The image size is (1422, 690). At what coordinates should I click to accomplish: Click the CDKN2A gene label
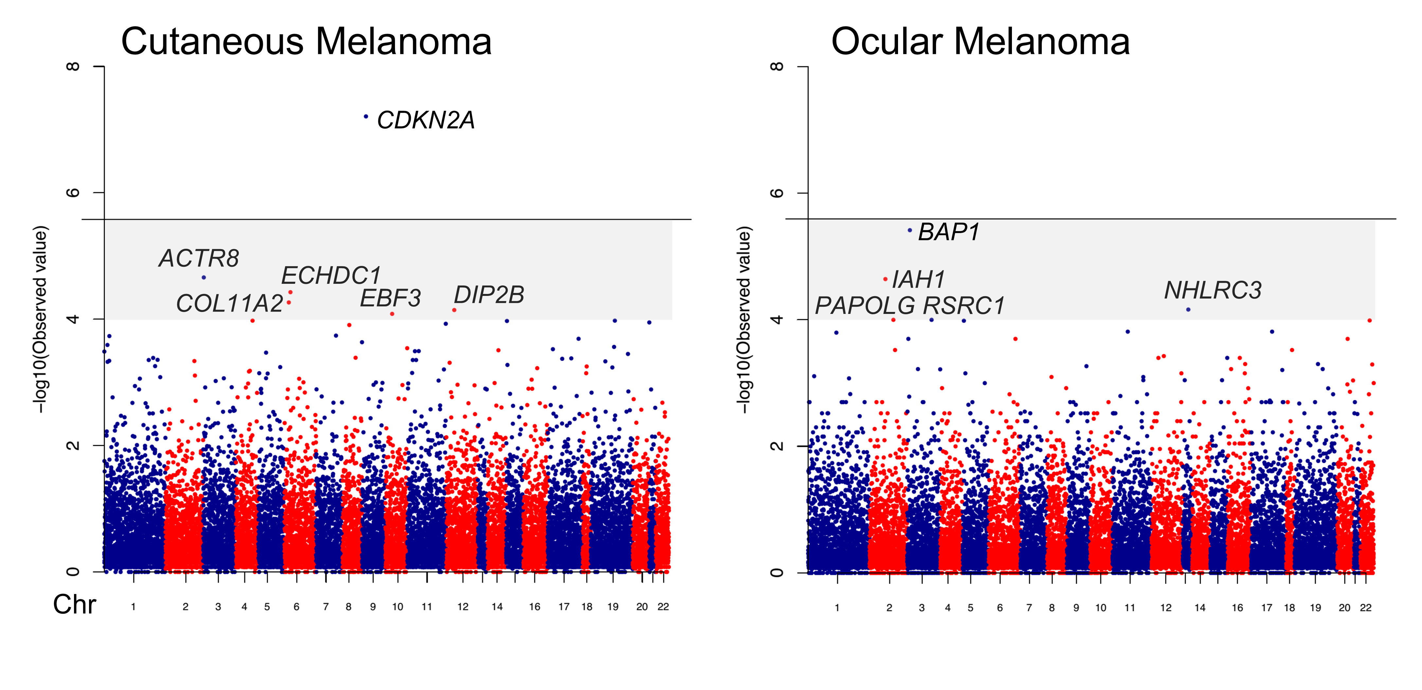[x=425, y=120]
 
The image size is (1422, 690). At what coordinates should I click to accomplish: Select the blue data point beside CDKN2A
[x=366, y=117]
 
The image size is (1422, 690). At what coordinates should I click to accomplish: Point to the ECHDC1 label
[x=331, y=276]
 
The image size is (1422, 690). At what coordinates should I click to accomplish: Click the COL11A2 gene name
[x=230, y=304]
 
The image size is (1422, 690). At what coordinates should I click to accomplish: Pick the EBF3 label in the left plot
[x=390, y=299]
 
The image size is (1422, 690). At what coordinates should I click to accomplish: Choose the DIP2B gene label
[x=489, y=295]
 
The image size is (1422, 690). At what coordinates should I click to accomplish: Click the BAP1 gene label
[x=949, y=232]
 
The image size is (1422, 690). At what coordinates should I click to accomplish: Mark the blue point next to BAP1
[x=910, y=230]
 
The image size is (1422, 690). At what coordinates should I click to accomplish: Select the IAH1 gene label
[x=919, y=279]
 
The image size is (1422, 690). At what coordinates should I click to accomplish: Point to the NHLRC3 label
[x=1213, y=290]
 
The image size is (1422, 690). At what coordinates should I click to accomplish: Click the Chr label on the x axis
[x=75, y=605]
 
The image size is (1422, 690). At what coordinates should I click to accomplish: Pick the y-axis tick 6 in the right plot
[x=777, y=193]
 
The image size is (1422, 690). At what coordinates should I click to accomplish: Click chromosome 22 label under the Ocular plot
[x=1366, y=608]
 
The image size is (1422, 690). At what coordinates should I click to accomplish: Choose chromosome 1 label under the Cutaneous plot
[x=133, y=607]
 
